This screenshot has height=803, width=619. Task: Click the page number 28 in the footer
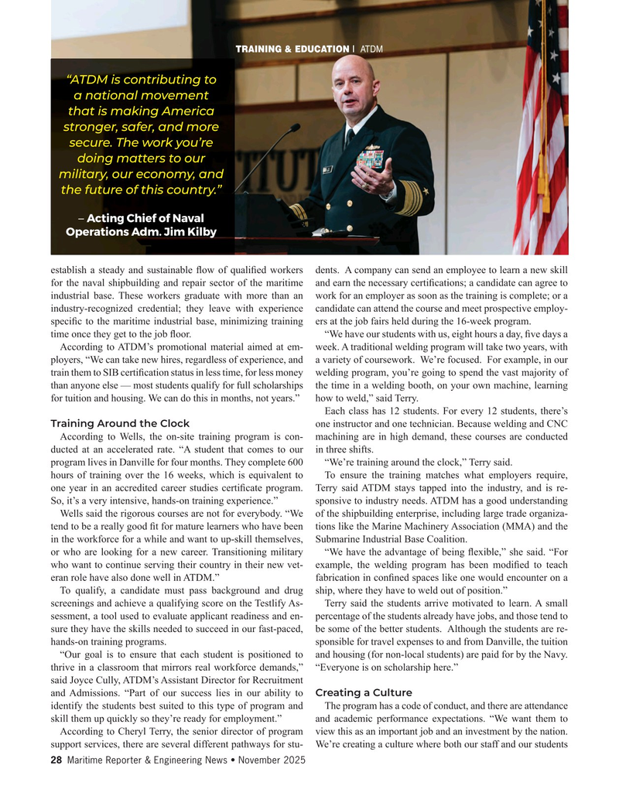coord(56,761)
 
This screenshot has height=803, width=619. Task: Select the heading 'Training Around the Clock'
coord(120,423)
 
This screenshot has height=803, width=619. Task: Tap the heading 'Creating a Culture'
coord(364,692)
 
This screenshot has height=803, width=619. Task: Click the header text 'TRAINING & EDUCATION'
coord(292,50)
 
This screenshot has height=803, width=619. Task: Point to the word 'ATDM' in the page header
coord(371,50)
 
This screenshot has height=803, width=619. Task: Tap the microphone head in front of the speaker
coord(292,128)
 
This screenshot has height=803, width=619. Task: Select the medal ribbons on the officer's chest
coord(371,159)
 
